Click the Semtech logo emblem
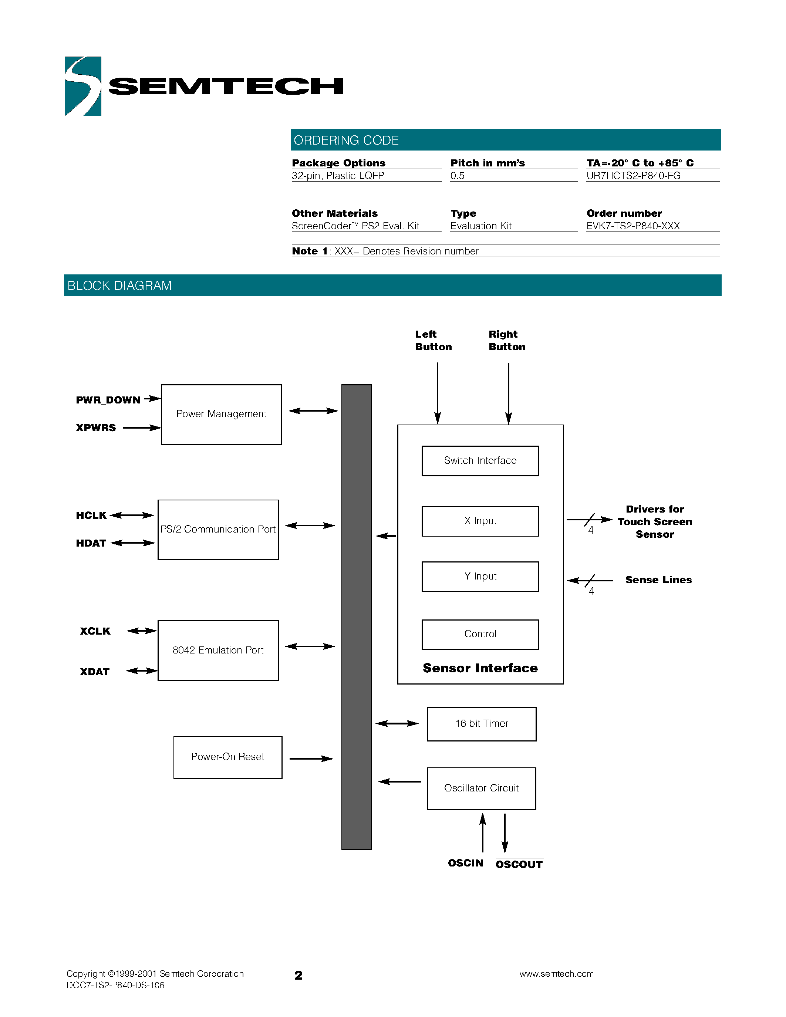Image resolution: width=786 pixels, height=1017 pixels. click(x=83, y=86)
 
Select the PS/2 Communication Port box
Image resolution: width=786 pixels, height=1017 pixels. click(x=218, y=530)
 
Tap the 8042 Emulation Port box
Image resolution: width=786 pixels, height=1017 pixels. click(x=218, y=650)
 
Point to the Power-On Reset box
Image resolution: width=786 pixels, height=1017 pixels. click(x=228, y=757)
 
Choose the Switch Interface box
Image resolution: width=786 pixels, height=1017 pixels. click(x=480, y=460)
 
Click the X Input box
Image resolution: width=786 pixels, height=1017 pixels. click(x=480, y=521)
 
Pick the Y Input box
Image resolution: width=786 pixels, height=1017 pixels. click(x=480, y=577)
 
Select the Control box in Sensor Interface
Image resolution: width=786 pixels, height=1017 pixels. click(x=480, y=634)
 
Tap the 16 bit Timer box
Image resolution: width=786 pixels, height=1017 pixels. click(x=482, y=724)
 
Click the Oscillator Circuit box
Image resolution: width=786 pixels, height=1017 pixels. click(x=482, y=788)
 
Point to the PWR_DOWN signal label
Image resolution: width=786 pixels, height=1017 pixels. click(x=108, y=400)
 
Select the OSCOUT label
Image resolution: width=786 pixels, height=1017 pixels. click(x=519, y=865)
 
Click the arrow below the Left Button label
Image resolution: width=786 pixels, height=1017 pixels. click(x=437, y=393)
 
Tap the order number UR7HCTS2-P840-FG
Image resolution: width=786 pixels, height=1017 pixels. click(x=633, y=176)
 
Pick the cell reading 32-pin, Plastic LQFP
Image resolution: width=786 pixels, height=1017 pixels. click(x=338, y=176)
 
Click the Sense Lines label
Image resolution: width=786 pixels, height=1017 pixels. click(x=658, y=580)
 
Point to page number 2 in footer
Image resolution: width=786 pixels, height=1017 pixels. click(x=298, y=976)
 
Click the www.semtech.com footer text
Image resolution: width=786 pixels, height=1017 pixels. click(x=556, y=974)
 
